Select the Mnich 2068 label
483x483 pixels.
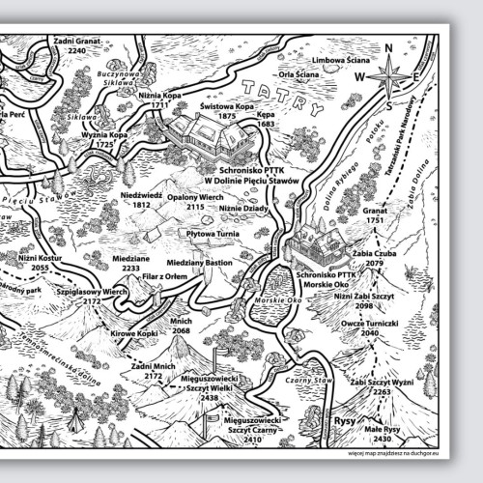[181, 326]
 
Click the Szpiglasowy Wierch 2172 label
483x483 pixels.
[93, 296]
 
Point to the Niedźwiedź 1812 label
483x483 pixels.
[141, 200]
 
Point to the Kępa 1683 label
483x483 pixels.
[267, 119]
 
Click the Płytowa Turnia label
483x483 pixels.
[213, 232]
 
